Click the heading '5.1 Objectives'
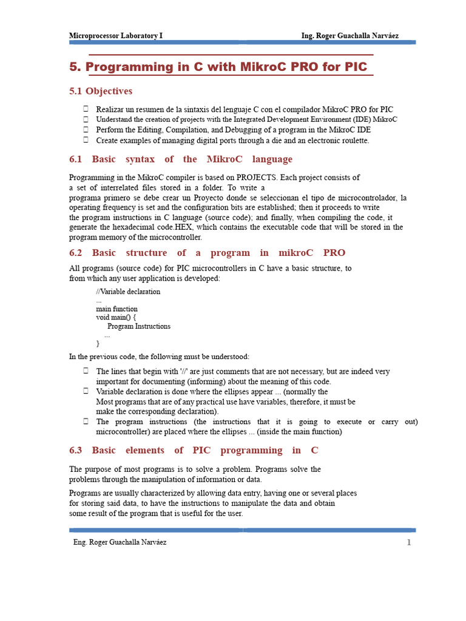[x=101, y=91]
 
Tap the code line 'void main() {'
[x=116, y=317]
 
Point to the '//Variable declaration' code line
[x=128, y=292]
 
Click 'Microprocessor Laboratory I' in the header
[x=116, y=36]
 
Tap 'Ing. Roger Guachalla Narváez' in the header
[x=350, y=36]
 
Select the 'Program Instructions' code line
[x=139, y=326]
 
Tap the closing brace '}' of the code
[x=98, y=343]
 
